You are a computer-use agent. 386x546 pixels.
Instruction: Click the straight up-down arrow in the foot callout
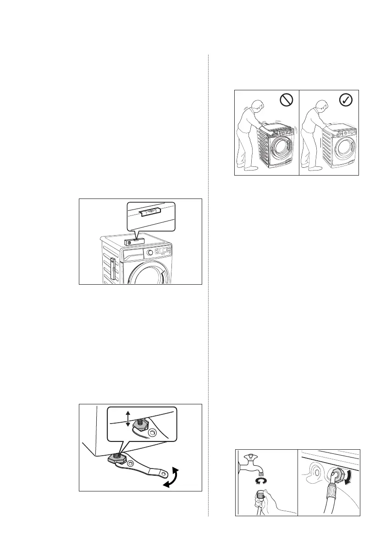(127, 419)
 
